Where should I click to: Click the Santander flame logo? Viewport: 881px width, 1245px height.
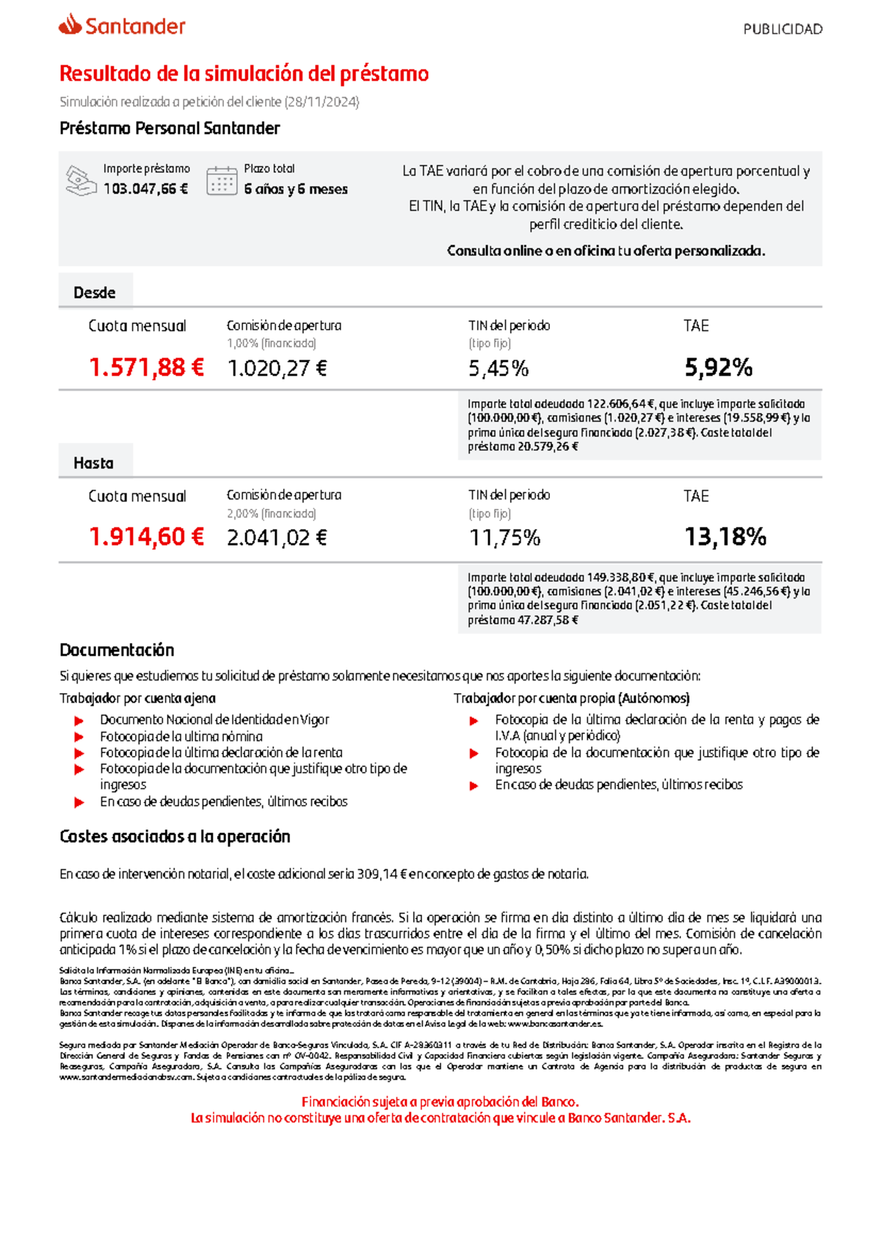(x=70, y=25)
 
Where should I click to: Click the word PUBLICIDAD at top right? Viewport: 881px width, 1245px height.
(x=782, y=29)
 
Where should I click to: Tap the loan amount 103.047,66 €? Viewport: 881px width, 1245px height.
(x=145, y=189)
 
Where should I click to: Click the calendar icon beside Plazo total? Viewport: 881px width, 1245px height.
(x=222, y=180)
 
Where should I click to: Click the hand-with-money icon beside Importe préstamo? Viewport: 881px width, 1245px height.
(x=81, y=181)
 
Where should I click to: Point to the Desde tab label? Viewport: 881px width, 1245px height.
(x=95, y=293)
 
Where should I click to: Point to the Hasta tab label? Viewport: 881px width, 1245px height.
(x=93, y=463)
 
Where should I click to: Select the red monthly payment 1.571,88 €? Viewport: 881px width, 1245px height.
(x=146, y=367)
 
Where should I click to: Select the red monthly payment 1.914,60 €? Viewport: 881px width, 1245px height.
(x=146, y=537)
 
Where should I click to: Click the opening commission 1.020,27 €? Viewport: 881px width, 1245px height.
(x=277, y=369)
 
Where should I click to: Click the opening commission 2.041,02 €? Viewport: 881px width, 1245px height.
(x=277, y=538)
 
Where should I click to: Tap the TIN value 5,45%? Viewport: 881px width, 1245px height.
(x=498, y=369)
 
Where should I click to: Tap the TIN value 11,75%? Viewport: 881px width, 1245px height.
(x=504, y=538)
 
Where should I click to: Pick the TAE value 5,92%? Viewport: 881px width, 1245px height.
(x=718, y=368)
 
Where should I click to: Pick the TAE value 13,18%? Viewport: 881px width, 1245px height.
(x=725, y=537)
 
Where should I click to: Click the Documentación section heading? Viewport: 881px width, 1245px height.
(x=117, y=650)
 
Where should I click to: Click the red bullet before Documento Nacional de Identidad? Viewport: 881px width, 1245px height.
(x=79, y=721)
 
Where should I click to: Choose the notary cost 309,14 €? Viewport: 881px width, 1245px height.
(x=381, y=874)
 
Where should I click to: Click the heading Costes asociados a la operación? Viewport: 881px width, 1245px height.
(x=175, y=836)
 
